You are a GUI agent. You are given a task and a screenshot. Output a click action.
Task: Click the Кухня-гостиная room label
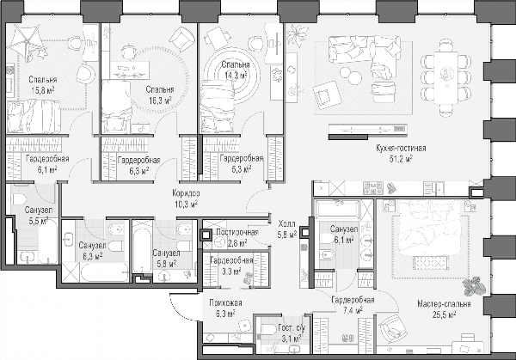401,149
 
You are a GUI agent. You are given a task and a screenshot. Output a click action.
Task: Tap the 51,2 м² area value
401,159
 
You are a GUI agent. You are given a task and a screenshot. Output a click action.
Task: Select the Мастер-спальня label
444,304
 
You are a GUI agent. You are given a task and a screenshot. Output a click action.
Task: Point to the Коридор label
186,193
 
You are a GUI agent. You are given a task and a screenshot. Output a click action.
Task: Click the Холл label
286,224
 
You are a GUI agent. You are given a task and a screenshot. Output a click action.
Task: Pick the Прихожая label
225,302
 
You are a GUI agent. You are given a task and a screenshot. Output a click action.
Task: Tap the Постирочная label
237,232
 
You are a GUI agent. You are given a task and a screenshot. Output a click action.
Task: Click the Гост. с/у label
292,328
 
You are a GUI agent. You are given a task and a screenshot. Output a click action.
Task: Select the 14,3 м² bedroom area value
236,76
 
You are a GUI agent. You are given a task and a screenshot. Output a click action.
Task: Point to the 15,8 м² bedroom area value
43,90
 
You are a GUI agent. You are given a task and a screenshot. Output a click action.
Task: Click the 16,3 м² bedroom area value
160,100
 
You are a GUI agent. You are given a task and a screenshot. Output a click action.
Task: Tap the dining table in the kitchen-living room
445,77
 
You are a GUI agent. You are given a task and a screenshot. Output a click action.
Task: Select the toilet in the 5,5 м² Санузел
19,199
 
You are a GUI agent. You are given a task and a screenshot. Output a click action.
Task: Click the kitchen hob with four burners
373,188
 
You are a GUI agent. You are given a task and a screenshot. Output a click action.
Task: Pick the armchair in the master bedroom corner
392,326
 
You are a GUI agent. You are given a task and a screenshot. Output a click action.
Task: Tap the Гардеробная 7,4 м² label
353,305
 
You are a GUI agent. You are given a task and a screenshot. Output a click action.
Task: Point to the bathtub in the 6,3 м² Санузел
105,272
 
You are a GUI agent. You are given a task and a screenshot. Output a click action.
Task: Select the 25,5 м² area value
444,315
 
